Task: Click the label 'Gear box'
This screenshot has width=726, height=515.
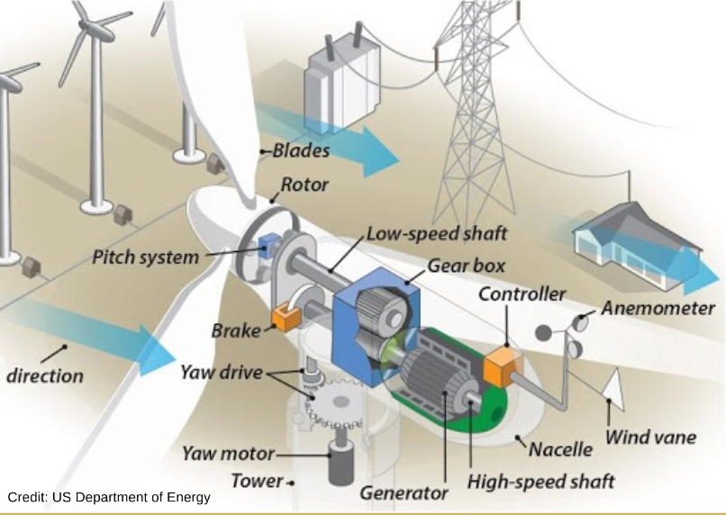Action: (466, 267)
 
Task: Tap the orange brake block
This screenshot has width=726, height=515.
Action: (286, 318)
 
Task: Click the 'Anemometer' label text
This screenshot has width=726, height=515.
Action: (658, 309)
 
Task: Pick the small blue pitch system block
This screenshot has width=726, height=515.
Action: (269, 245)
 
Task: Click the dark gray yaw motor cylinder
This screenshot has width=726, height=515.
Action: (340, 463)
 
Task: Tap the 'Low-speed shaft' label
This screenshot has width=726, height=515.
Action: (437, 234)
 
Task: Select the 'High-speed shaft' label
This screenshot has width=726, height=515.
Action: (540, 482)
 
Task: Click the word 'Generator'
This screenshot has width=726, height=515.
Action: (404, 492)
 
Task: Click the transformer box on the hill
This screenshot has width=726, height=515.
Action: (341, 84)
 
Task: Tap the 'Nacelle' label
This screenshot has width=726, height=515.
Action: (560, 449)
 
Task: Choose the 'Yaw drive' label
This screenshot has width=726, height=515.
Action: (222, 373)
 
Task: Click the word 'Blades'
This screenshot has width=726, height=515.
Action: (301, 150)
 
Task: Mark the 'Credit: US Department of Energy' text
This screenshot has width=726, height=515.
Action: (109, 497)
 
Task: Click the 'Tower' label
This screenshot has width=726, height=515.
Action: (257, 481)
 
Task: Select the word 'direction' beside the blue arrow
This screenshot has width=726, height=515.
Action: (45, 375)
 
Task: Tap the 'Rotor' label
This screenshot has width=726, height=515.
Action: (304, 185)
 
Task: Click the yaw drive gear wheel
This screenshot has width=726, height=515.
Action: (334, 403)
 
